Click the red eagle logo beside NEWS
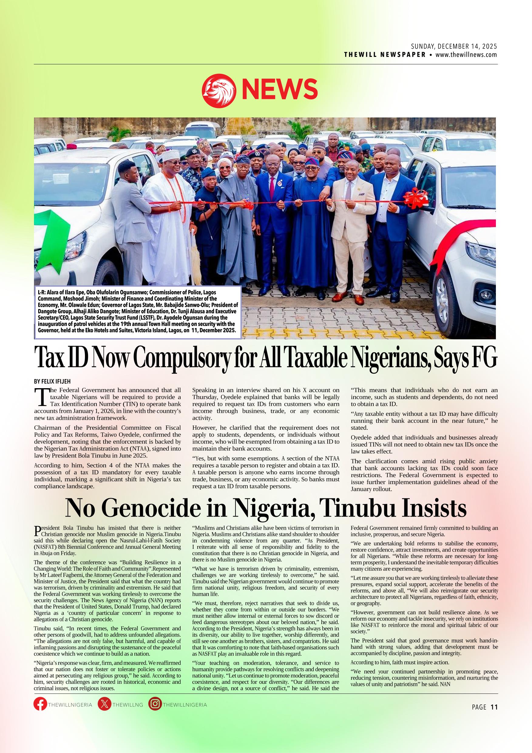(219, 90)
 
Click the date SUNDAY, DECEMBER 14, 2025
(454, 46)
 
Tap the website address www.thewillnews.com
(466, 55)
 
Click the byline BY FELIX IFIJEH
(53, 382)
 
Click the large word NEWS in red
(280, 90)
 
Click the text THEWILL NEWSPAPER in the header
(385, 55)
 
